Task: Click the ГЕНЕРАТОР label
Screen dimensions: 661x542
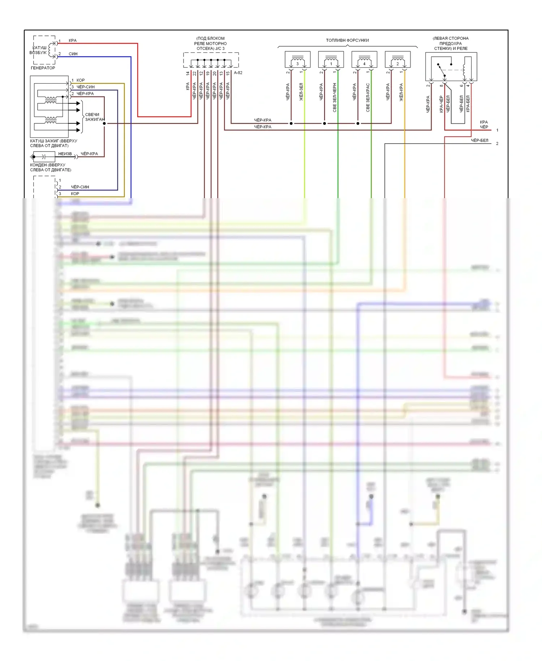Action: [x=43, y=68]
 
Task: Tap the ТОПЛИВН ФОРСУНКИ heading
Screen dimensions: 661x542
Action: [x=347, y=40]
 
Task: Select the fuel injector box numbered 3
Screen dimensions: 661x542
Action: [x=297, y=60]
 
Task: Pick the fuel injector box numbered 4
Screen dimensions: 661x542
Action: [x=364, y=60]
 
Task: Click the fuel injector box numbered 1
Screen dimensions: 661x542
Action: [x=331, y=60]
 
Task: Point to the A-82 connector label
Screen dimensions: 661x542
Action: [x=238, y=73]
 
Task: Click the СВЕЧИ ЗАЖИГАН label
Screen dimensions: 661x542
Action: [x=94, y=117]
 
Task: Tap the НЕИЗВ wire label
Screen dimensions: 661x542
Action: [x=65, y=154]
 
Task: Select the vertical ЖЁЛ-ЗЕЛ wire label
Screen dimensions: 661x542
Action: [x=301, y=92]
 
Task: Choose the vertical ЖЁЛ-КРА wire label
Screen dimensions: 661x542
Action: [x=401, y=92]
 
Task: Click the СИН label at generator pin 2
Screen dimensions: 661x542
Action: [x=73, y=54]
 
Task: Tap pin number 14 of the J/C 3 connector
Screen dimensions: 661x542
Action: [x=188, y=73]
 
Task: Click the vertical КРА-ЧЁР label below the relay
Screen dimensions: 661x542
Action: [x=441, y=104]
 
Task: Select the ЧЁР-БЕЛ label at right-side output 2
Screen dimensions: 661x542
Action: [x=479, y=140]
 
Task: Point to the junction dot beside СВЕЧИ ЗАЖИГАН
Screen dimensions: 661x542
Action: [x=104, y=123]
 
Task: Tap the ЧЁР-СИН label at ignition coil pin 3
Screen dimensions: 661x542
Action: [x=86, y=87]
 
